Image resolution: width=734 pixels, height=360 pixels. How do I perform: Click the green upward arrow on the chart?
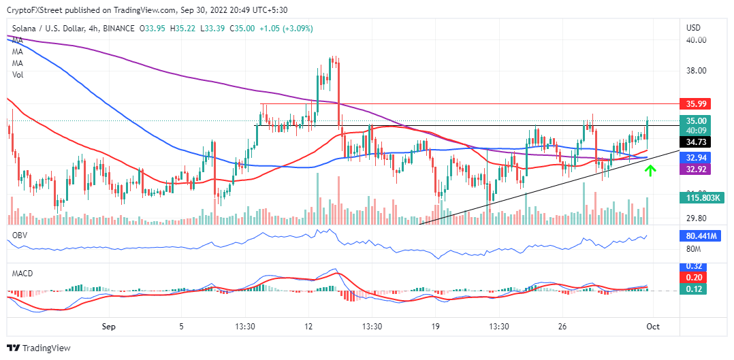coord(650,169)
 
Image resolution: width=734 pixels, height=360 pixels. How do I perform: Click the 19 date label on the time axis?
coord(435,327)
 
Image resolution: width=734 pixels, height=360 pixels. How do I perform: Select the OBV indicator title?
coord(19,234)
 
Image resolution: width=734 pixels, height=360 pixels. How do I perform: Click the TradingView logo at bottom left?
coord(39,348)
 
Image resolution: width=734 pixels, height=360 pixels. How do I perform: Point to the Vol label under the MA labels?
coord(18,75)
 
